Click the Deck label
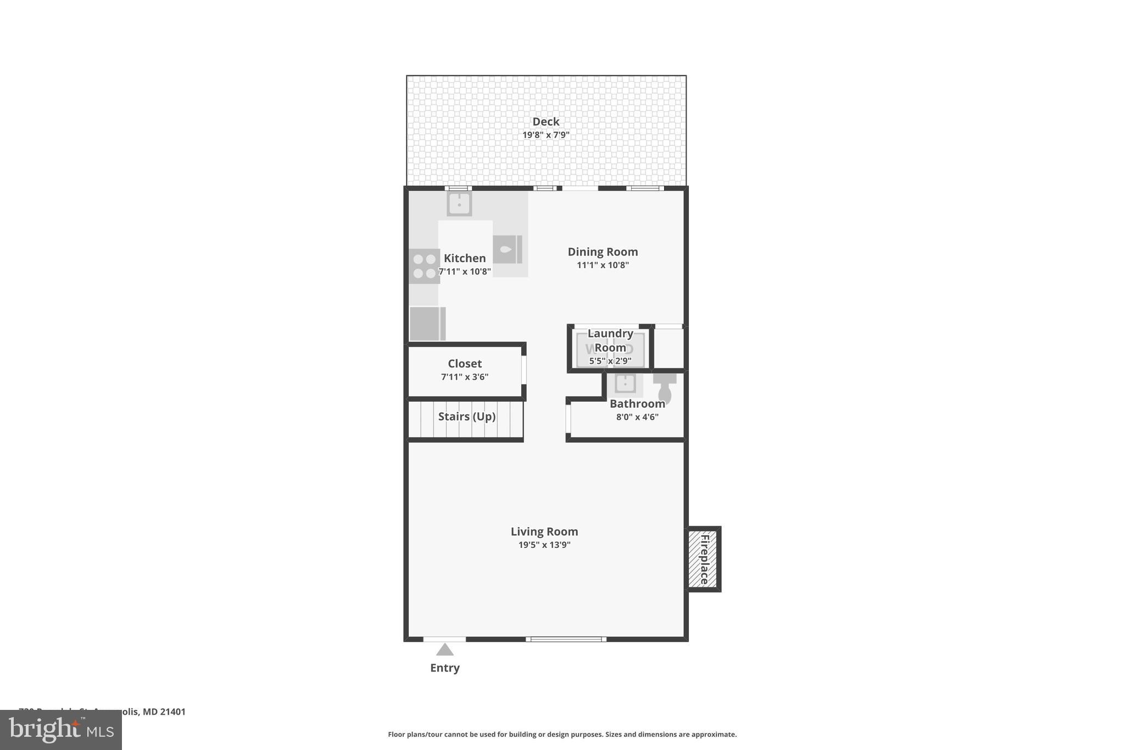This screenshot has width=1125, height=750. [x=545, y=121]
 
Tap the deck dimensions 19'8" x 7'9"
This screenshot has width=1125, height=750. [x=545, y=135]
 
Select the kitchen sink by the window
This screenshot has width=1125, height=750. [x=459, y=204]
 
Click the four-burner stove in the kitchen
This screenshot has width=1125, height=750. [x=424, y=266]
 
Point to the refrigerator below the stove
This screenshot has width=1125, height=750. [x=427, y=324]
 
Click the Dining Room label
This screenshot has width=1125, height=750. [x=603, y=252]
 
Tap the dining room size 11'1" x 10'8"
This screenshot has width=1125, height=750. [x=603, y=265]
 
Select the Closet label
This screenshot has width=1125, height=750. [x=465, y=363]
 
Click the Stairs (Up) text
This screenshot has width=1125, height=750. [x=467, y=416]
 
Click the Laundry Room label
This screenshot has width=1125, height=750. [x=610, y=340]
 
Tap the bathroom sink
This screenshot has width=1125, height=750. [x=625, y=384]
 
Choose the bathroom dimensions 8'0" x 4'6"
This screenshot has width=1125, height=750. [x=637, y=417]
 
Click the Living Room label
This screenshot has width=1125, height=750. [x=544, y=531]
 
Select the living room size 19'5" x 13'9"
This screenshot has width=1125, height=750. [x=544, y=545]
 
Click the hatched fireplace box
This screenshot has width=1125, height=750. [x=703, y=559]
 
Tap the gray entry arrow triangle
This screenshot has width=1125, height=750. [x=445, y=651]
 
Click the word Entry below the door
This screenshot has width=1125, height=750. [x=445, y=668]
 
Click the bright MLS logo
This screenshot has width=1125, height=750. [x=61, y=730]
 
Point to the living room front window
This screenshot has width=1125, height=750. [x=566, y=639]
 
